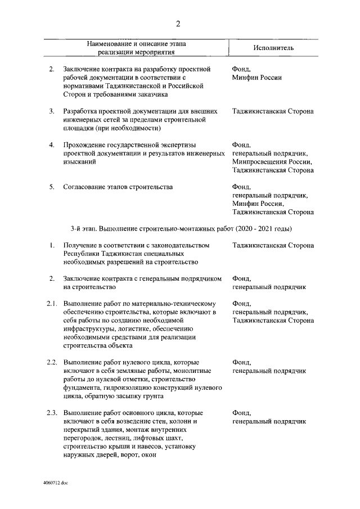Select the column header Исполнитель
[273, 48]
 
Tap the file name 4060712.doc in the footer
[55, 483]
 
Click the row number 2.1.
[52, 304]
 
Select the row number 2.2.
[52, 363]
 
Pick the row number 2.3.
[52, 413]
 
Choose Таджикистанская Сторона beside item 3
[273, 111]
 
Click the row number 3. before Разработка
[51, 111]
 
